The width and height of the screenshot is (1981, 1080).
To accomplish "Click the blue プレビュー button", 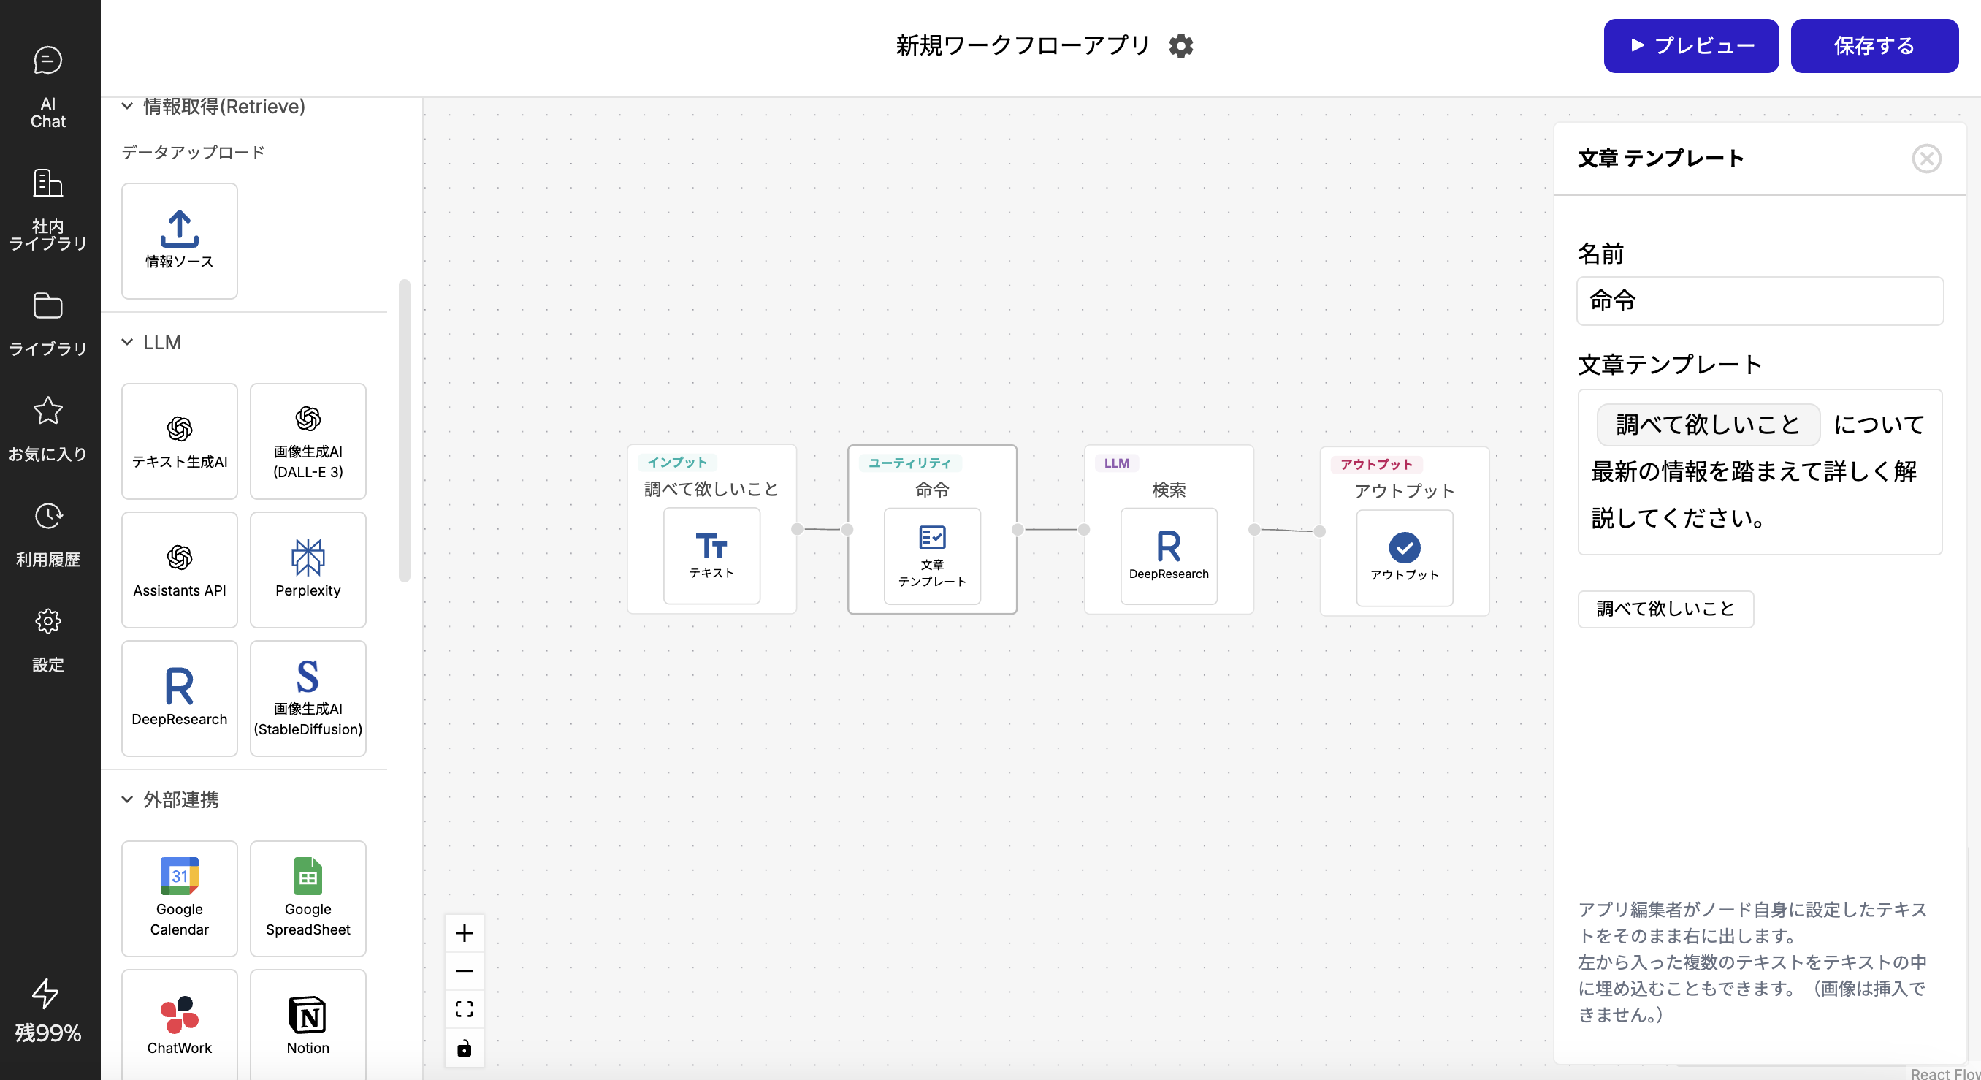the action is pos(1690,46).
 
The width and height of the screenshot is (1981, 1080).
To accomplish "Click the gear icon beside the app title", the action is pos(1181,46).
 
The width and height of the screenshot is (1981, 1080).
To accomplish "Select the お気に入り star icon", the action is pos(47,411).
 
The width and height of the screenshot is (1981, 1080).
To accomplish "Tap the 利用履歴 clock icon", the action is pos(47,516).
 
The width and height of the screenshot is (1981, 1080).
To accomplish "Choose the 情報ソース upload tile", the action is pos(179,240).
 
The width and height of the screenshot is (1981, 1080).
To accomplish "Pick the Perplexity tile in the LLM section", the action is pos(308,569).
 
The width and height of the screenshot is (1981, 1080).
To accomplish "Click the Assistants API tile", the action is pos(179,569).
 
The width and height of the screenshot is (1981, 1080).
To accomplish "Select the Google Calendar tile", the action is pos(179,898).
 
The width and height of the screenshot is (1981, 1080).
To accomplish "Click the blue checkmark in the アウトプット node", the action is pos(1404,548).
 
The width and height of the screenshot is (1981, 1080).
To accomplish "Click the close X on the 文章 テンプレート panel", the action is pos(1926,159).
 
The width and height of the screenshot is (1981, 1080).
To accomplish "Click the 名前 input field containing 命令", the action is pos(1760,301).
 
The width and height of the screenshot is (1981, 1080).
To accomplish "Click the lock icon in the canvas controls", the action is pos(465,1048).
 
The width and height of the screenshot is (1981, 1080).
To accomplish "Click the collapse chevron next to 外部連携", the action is pos(127,799).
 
